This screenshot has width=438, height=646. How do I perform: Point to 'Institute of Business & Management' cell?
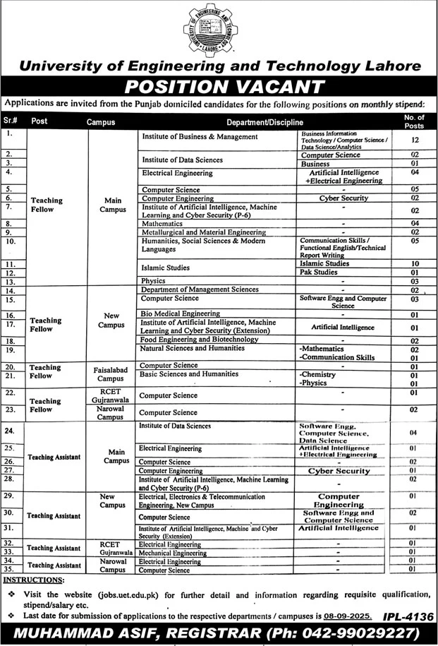coord(198,136)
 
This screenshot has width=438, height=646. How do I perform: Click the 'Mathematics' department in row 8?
coord(162,223)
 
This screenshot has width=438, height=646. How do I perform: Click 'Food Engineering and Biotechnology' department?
coord(199,340)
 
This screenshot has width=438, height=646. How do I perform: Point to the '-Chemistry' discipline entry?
coord(317,374)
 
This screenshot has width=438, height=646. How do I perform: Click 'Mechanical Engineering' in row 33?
coord(172,553)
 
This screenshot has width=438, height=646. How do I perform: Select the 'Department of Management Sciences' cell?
coord(199,290)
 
